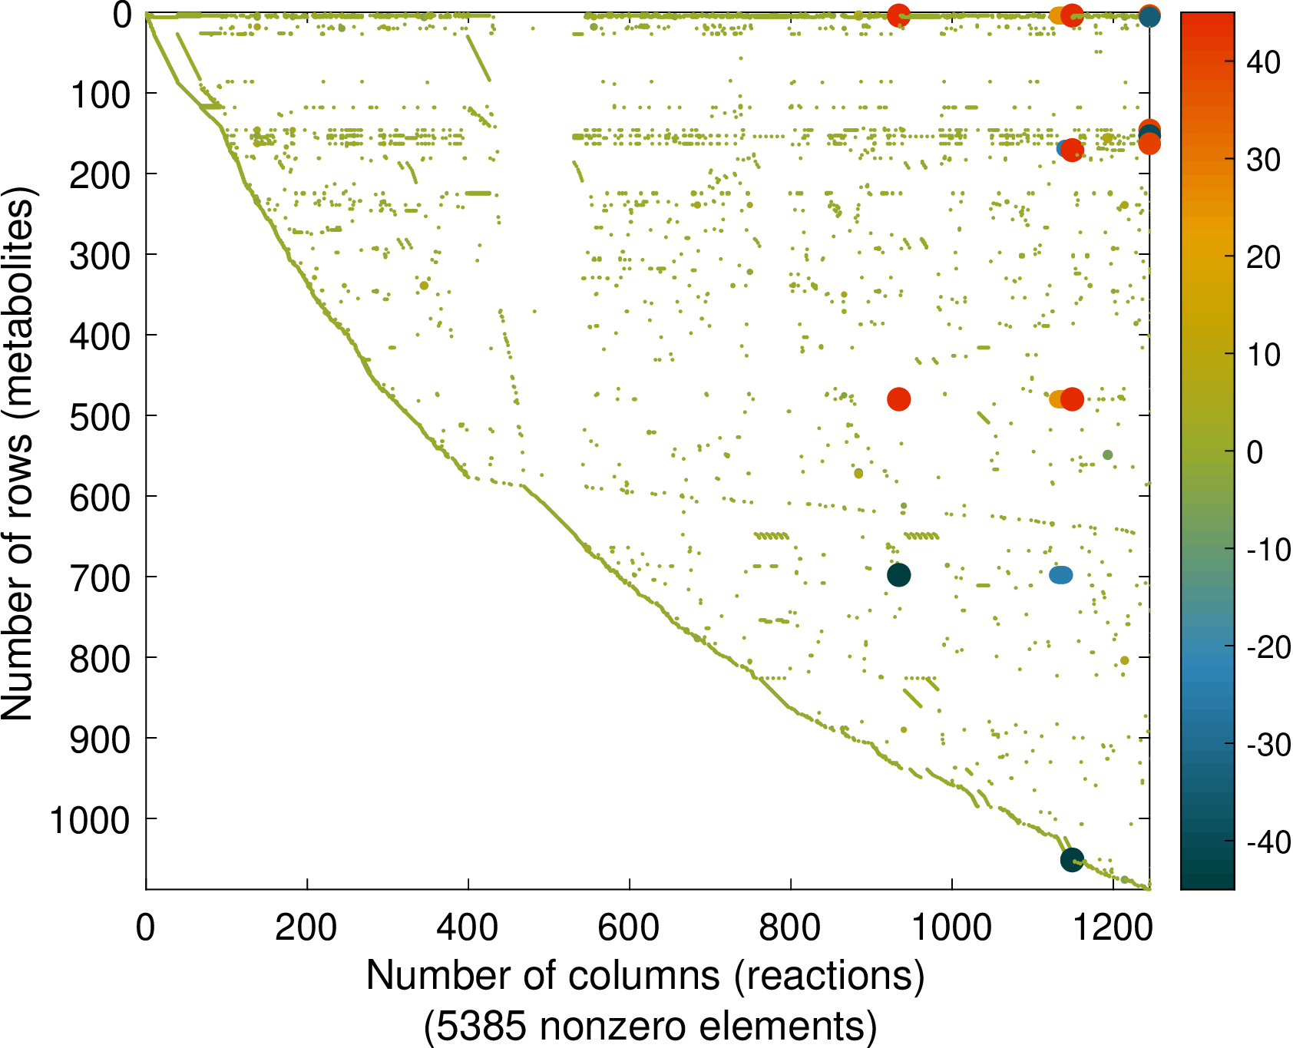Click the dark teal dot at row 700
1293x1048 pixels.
(898, 575)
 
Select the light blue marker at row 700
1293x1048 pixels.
(1060, 575)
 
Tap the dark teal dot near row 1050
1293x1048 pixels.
(1072, 860)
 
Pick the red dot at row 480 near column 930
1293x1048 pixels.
(898, 399)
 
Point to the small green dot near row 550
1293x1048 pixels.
(1107, 455)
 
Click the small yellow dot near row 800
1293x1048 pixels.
(1124, 660)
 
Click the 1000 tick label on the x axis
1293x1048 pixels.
(951, 928)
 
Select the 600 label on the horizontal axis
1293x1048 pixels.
(629, 928)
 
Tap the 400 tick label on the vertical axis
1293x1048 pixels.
(100, 336)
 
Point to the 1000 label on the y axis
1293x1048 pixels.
(90, 820)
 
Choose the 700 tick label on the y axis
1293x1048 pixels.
(100, 578)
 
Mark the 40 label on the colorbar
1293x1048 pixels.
(1263, 63)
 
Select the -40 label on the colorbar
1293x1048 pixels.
(1268, 842)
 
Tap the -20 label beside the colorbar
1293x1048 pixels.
(1268, 647)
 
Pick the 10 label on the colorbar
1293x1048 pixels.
(1263, 355)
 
